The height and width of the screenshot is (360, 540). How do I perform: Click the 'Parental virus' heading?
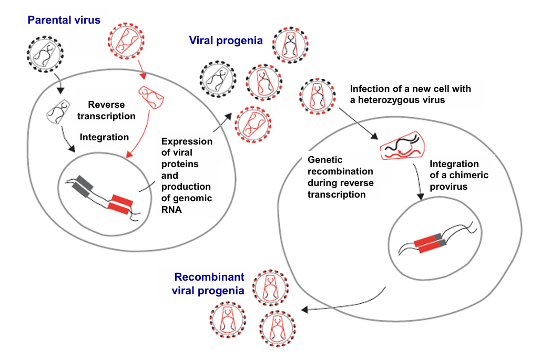[x=64, y=20]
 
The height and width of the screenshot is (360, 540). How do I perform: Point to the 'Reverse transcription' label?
[x=111, y=110]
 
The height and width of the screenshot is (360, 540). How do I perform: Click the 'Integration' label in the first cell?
[x=104, y=137]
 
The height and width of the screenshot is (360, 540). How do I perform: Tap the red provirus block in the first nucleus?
[x=120, y=204]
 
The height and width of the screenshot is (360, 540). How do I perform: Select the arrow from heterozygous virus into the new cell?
[x=357, y=123]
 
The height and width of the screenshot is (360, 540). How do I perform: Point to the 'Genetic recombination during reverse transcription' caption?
[x=340, y=176]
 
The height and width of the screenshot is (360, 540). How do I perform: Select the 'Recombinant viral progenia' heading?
[x=209, y=283]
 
